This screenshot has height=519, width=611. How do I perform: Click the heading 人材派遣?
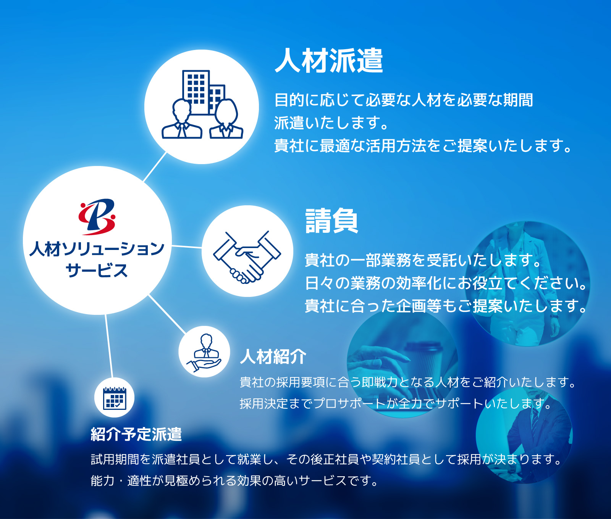tap(329, 60)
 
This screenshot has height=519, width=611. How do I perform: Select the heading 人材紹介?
tap(273, 356)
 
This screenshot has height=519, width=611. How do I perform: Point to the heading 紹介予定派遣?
tap(136, 434)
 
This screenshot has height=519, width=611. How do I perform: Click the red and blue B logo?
tap(97, 216)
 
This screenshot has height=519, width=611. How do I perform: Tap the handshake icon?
tap(247, 257)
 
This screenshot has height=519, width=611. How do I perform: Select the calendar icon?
tap(115, 398)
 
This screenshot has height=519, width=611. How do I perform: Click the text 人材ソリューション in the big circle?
tap(97, 249)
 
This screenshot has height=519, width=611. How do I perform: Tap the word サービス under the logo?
tap(97, 270)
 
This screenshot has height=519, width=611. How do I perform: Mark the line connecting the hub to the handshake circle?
tap(187, 247)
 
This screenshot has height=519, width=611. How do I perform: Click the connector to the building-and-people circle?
tap(155, 167)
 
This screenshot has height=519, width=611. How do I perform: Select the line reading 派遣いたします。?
tap(331, 123)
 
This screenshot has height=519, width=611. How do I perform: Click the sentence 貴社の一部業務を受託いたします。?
tap(423, 260)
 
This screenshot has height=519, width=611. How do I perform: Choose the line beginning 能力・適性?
tap(234, 480)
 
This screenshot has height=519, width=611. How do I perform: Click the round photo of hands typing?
tap(403, 364)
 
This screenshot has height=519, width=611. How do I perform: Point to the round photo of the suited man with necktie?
tap(524, 435)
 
